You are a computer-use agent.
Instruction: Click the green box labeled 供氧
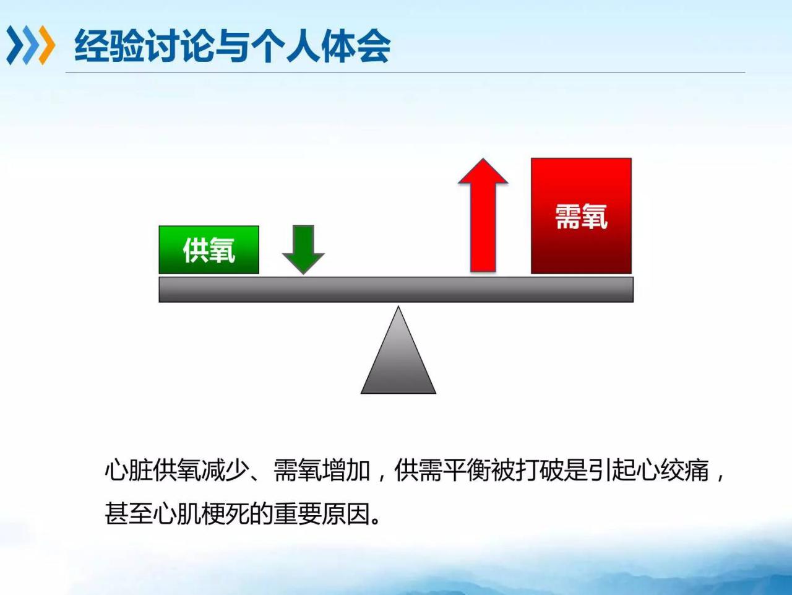pos(209,250)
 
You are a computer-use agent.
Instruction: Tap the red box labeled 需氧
pos(581,215)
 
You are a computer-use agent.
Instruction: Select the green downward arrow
pos(303,250)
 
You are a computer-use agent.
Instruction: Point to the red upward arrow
pos(483,215)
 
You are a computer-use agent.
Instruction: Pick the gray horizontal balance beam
pos(396,290)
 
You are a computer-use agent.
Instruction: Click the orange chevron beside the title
pos(47,45)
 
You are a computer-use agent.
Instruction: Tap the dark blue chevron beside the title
pos(15,45)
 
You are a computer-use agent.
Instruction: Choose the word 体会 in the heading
pos(355,46)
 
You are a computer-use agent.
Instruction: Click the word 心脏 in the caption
pos(129,471)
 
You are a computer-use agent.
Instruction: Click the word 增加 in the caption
pos(346,471)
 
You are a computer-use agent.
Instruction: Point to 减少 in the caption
pos(225,471)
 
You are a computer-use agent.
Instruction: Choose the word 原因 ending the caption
pos(346,514)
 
